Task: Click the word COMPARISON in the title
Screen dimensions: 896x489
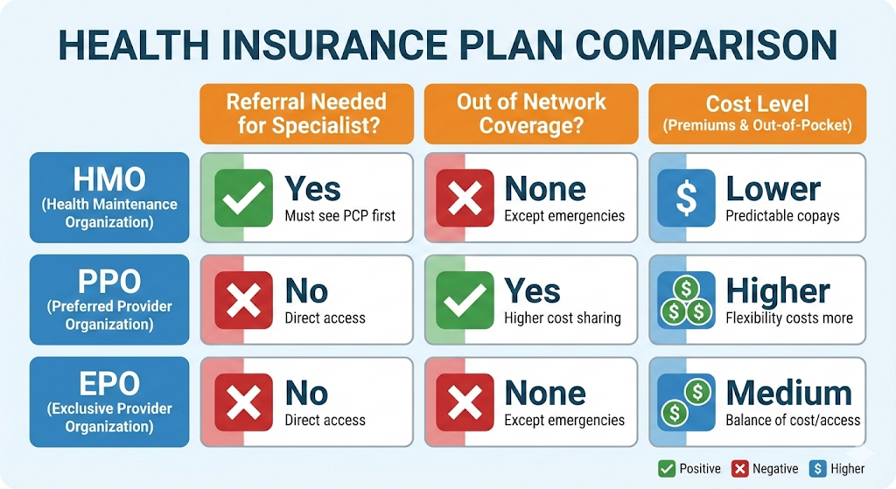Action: [x=706, y=45]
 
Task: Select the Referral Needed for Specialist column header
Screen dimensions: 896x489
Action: [x=307, y=114]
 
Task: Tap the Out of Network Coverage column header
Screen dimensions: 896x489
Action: [x=531, y=114]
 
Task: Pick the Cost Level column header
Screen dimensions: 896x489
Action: [x=757, y=114]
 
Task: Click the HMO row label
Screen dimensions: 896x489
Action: [x=109, y=198]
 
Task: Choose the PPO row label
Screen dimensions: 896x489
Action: [x=109, y=300]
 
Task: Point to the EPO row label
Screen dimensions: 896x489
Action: [x=109, y=402]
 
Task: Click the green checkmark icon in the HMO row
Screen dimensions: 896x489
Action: [x=243, y=198]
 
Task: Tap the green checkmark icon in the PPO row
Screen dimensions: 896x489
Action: [x=465, y=300]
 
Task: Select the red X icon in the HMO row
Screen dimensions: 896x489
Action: [x=465, y=198]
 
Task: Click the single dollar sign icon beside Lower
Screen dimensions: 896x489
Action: [x=686, y=198]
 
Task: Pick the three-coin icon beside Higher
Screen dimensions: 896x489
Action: [x=686, y=300]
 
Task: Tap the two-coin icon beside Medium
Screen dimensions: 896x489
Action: [x=686, y=402]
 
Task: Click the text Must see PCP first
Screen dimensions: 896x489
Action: [x=340, y=216]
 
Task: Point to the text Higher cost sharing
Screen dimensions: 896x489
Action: [x=563, y=318]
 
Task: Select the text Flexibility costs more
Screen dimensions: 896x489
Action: [x=789, y=318]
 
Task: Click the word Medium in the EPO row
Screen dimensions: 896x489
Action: [x=788, y=393]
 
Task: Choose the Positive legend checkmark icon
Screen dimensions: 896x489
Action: [x=666, y=469]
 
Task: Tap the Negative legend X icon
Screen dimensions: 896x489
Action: [x=740, y=469]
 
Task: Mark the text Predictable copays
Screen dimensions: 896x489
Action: [x=783, y=216]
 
